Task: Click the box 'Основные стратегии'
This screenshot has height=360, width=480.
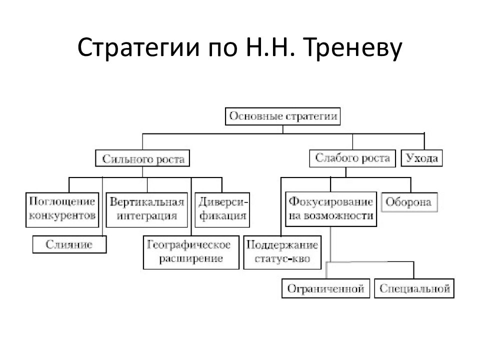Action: pos(282,116)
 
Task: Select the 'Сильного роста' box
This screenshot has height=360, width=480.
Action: pos(142,158)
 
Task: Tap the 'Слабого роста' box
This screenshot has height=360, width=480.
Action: pos(352,158)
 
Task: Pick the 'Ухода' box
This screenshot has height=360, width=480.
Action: pos(421,158)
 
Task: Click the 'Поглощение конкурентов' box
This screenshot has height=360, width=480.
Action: pos(62,209)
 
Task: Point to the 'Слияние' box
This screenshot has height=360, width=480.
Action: pos(69,244)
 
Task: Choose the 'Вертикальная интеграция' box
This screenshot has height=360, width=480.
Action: pos(146,209)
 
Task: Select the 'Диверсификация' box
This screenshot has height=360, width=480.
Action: pos(222,209)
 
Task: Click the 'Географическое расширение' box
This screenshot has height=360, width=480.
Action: pos(191,252)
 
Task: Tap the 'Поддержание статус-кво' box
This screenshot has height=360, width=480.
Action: pos(282,252)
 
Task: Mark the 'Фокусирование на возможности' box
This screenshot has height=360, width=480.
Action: pos(331,209)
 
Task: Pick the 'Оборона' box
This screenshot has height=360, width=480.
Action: pos(409,202)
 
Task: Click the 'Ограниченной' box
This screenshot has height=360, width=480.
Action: pos(325,288)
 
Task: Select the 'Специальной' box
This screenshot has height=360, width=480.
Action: pos(414,288)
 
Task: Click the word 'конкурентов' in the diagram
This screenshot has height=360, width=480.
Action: pos(62,216)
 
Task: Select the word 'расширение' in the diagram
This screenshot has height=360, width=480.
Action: pos(191,259)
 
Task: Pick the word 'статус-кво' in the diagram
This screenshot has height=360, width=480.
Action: pos(282,259)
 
